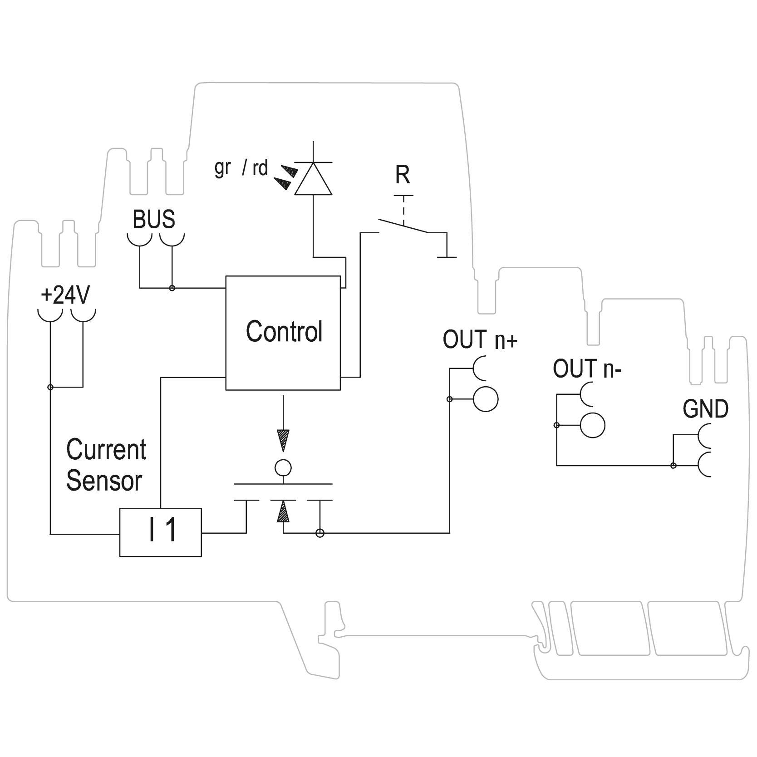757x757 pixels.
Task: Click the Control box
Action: click(283, 332)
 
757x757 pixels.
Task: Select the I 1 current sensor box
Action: click(160, 532)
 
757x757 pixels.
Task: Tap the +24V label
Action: click(65, 295)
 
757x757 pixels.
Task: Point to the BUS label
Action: click(153, 219)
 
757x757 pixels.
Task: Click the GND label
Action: click(705, 409)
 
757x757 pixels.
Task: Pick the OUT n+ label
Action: click(480, 340)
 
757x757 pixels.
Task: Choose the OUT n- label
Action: click(586, 369)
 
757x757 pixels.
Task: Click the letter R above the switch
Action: click(403, 175)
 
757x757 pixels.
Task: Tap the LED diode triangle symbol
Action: click(313, 179)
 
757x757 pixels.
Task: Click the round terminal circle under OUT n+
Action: click(485, 399)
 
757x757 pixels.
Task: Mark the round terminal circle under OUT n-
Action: click(593, 425)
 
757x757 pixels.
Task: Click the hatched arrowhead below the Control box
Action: click(283, 440)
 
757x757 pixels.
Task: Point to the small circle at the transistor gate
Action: click(283, 467)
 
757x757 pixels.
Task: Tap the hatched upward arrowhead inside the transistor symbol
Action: click(283, 511)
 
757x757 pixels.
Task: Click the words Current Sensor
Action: click(106, 465)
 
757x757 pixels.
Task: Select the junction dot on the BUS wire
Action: click(172, 288)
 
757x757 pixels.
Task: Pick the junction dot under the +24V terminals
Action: click(50, 387)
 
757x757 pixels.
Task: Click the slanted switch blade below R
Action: click(403, 226)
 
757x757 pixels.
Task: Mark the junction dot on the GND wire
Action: click(673, 465)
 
